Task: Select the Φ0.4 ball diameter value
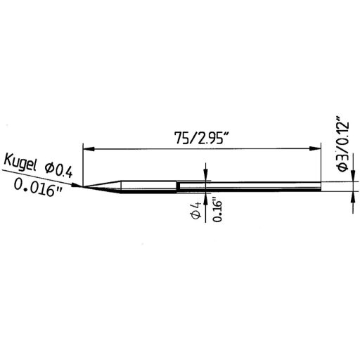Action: tap(58, 168)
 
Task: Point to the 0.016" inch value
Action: tap(39, 188)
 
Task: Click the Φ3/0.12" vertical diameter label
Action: tap(342, 143)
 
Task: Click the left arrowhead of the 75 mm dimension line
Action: tap(87, 148)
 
